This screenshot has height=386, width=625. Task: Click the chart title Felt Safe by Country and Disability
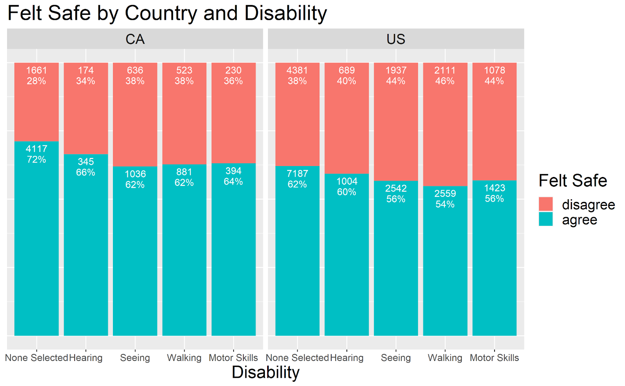[x=167, y=13]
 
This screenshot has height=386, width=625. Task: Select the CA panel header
[x=135, y=39]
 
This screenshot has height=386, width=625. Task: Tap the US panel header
[x=396, y=39]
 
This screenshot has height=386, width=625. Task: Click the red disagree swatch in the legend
[x=545, y=204]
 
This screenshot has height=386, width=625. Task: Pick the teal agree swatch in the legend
[x=545, y=219]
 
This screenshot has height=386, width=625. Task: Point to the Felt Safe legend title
[x=573, y=181]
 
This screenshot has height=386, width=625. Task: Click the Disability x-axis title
[x=265, y=372]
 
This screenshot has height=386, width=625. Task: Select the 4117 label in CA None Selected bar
[x=36, y=149]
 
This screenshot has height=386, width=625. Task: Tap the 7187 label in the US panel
[x=297, y=173]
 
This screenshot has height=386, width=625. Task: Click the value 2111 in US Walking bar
[x=445, y=70]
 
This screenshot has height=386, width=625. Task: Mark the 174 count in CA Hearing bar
[x=86, y=70]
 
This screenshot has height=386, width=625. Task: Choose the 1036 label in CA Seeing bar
[x=135, y=174]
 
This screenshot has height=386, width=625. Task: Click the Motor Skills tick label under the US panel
[x=494, y=358]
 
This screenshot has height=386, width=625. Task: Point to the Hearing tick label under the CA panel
[x=86, y=358]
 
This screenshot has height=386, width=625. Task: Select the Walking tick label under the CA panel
[x=184, y=358]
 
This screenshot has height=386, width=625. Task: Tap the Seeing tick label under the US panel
[x=396, y=358]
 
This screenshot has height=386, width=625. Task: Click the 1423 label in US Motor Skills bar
[x=495, y=188]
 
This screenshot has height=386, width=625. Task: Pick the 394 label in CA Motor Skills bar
[x=233, y=171]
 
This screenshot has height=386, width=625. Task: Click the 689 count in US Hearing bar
[x=346, y=70]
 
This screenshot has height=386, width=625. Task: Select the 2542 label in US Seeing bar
[x=396, y=188]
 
